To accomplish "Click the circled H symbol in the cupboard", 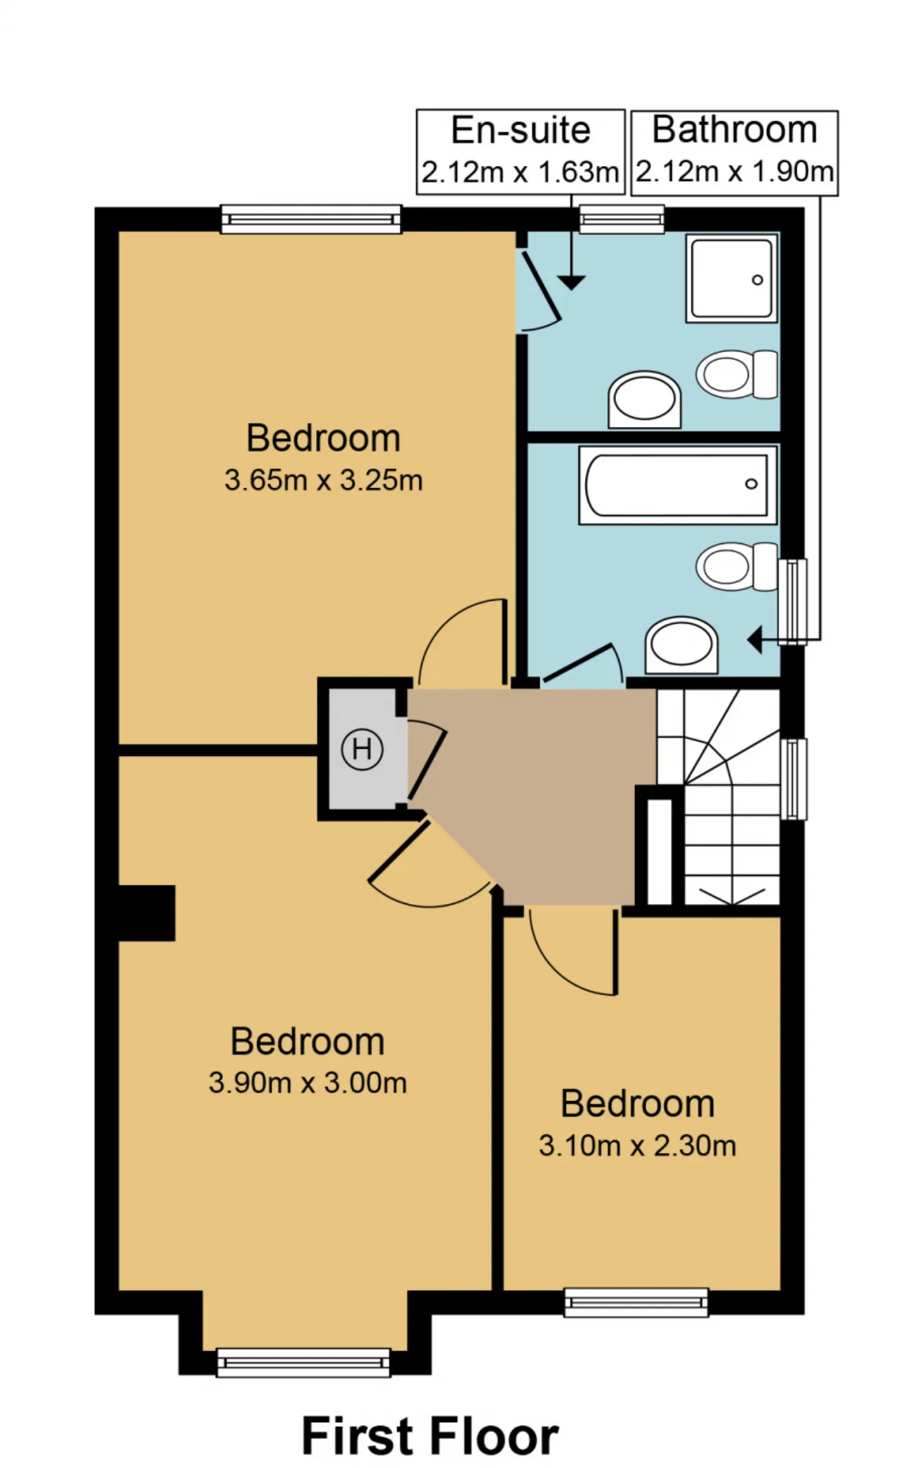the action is tap(362, 748).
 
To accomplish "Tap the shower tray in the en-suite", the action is tap(732, 278).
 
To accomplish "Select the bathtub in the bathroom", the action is tap(678, 484).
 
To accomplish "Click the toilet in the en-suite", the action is tap(737, 374).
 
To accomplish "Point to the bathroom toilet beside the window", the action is tap(737, 566).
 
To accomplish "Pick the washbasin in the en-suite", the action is tap(644, 399).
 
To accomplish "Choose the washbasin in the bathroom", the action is tap(681, 645).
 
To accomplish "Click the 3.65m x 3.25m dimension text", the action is tap(324, 481).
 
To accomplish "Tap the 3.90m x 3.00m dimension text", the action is tap(308, 1083).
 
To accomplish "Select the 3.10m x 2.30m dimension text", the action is tap(638, 1145).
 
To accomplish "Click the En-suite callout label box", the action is tap(521, 152).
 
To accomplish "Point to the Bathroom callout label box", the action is tap(734, 152).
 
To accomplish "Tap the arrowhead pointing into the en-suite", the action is tap(571, 282).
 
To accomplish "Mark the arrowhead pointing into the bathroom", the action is tap(755, 641).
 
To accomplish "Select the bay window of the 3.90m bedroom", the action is tap(303, 1363).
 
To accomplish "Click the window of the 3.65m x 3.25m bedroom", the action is tap(311, 219).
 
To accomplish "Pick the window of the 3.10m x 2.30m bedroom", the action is tap(636, 1302).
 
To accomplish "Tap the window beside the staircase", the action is tap(794, 779).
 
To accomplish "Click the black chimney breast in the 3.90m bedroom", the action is tap(147, 913).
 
